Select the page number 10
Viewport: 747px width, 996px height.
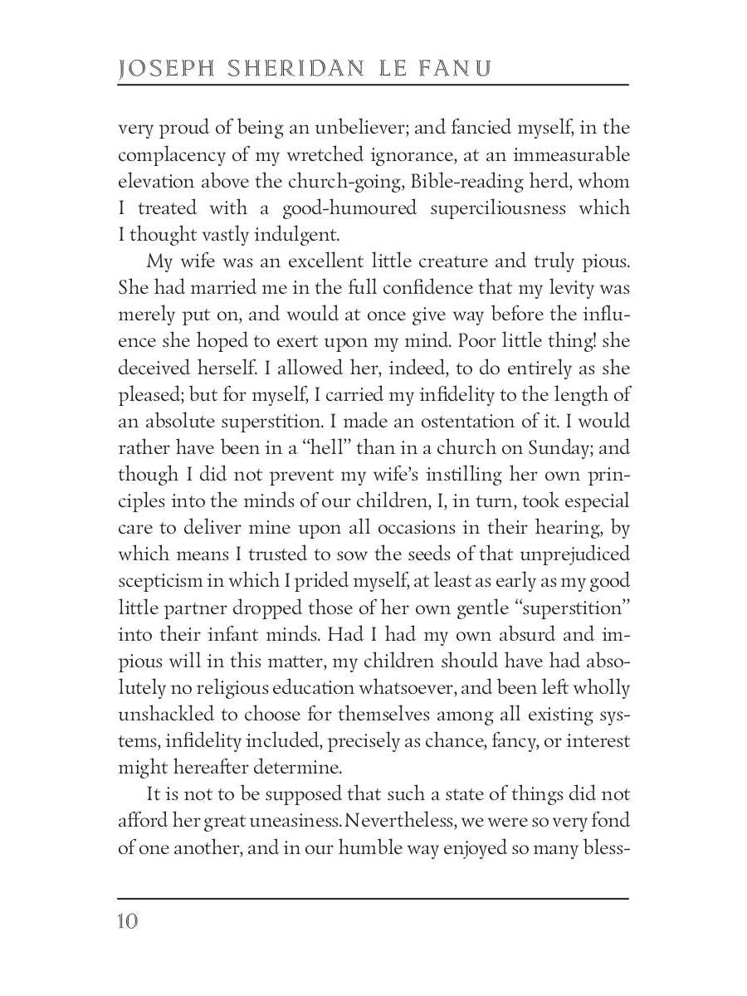tap(129, 922)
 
